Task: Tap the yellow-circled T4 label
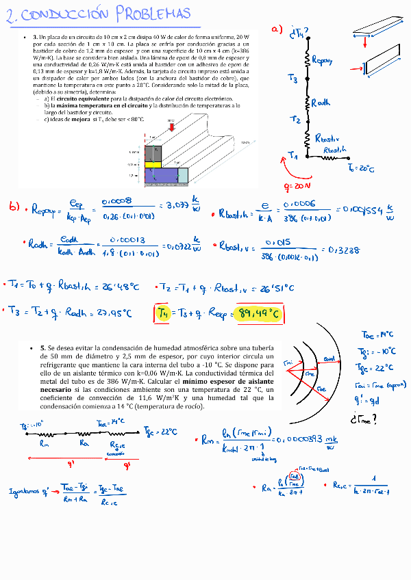pos(163,313)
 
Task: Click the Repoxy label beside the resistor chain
pos(321,61)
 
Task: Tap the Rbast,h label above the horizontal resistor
pos(338,150)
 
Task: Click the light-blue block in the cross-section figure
pos(183,176)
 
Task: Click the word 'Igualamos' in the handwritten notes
pos(25,490)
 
